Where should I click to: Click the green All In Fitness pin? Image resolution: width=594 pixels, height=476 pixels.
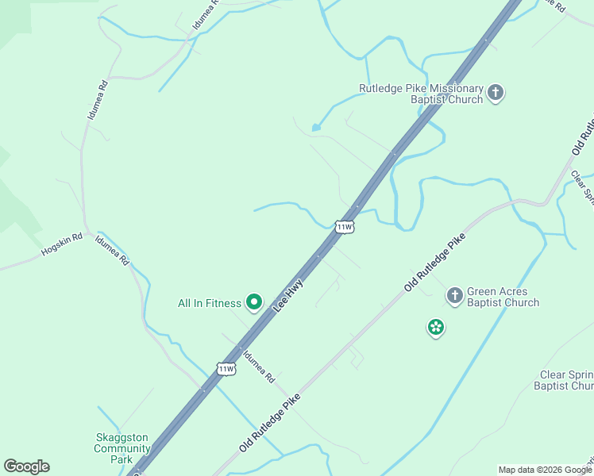tap(254, 301)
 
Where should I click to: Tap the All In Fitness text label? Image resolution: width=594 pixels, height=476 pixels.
tap(209, 303)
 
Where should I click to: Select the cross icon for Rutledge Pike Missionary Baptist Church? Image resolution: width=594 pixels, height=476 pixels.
tap(495, 93)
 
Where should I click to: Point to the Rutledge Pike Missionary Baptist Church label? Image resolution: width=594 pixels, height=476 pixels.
tap(421, 94)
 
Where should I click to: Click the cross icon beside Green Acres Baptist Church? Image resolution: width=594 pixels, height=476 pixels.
tap(454, 297)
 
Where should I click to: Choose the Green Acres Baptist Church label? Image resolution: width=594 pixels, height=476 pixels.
tap(503, 297)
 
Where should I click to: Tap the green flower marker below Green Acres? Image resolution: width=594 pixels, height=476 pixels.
tap(435, 327)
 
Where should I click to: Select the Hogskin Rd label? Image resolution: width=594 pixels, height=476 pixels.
tap(62, 248)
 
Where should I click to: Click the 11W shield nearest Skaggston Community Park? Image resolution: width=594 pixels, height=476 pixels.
tap(226, 369)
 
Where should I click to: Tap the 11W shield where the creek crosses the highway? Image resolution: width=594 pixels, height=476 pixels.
tap(344, 227)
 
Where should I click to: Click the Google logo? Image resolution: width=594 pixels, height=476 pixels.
tap(26, 466)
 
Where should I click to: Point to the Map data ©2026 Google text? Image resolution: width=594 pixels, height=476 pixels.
tap(545, 470)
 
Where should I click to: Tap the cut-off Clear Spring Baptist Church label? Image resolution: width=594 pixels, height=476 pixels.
tap(565, 381)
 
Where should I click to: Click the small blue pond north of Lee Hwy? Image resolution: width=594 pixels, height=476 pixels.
tap(316, 127)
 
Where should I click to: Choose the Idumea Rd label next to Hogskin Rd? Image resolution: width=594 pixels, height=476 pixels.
tap(112, 251)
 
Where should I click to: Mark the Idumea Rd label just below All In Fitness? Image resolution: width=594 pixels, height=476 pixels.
tap(259, 366)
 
